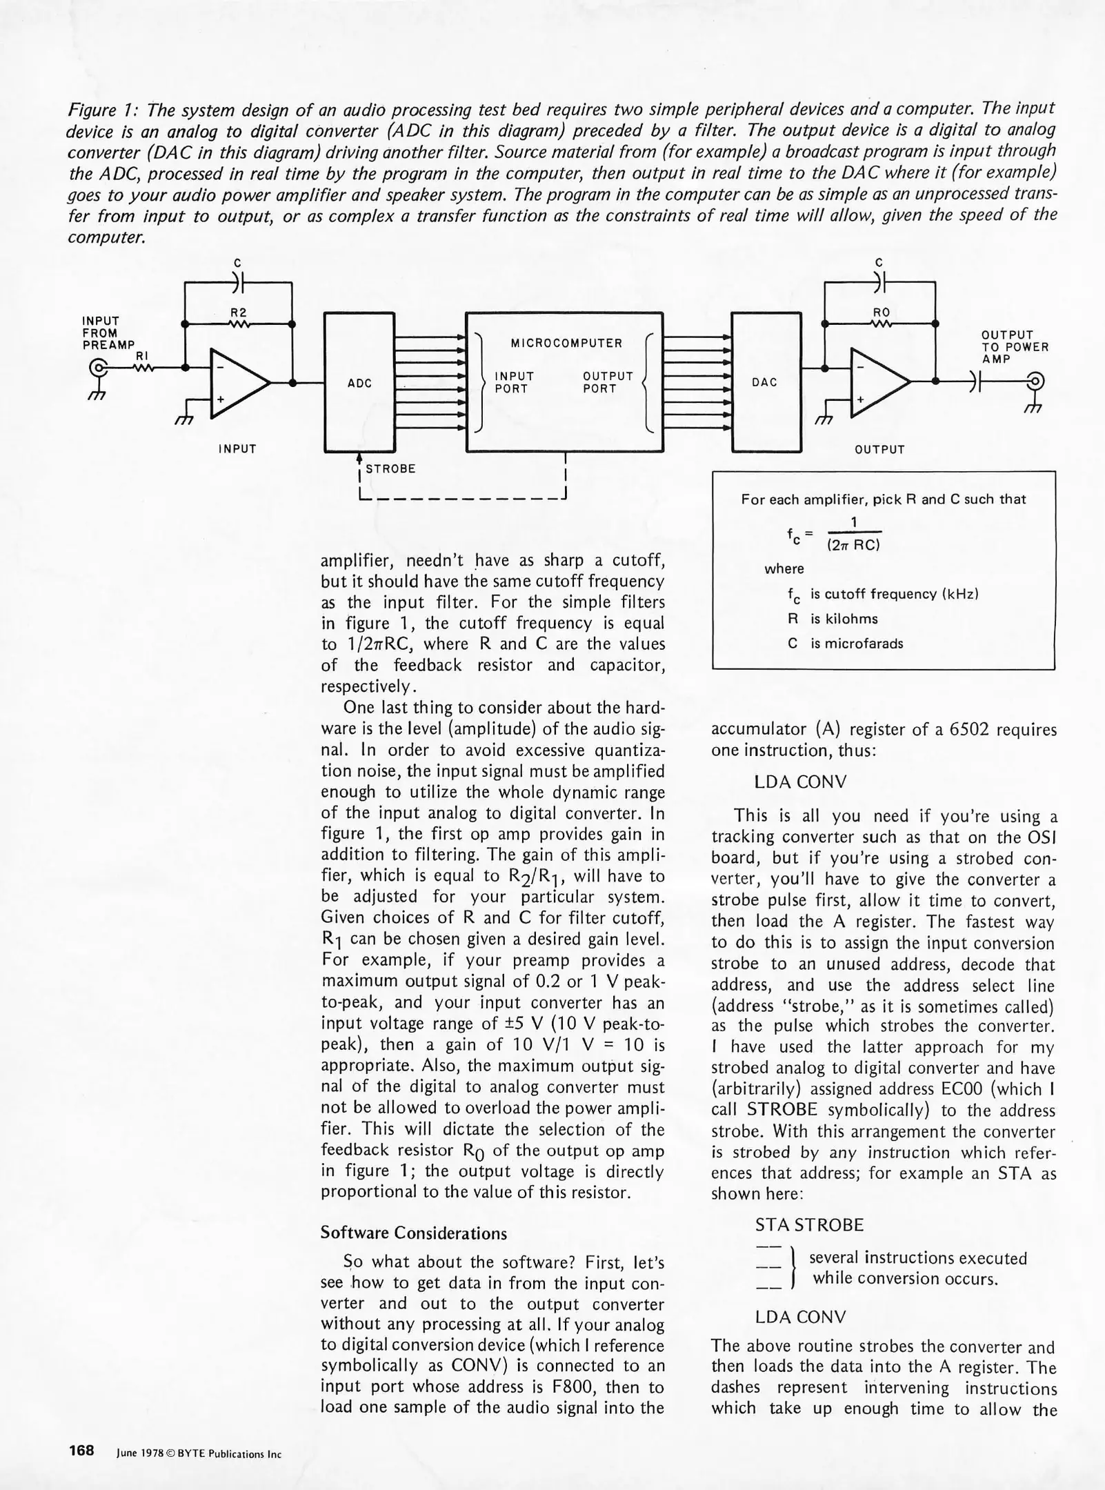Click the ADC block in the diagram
pos(359,383)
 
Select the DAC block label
pos(765,382)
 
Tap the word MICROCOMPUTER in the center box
pos(566,343)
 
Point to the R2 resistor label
pos(239,312)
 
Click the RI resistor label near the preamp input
pos(142,355)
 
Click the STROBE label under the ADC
pos(390,469)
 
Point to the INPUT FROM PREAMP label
pos(107,332)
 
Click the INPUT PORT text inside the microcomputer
pos(514,382)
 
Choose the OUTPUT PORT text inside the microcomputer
pos(607,382)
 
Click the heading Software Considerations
pos(413,1233)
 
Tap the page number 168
pos(81,1451)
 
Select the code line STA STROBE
pos(808,1225)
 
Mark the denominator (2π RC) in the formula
pos(854,545)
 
